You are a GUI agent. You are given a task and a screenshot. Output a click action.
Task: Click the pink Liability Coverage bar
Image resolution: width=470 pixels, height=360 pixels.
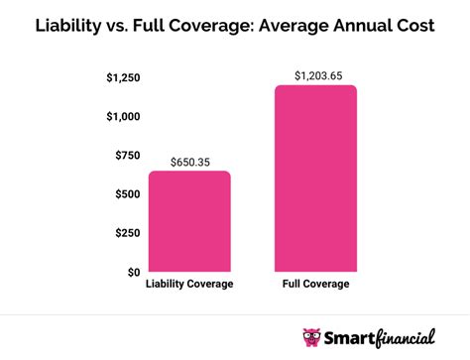pos(190,221)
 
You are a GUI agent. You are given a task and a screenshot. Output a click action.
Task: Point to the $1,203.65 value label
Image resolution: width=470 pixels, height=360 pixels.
pos(315,75)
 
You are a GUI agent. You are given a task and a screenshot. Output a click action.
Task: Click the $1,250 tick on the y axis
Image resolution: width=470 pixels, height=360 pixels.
pos(123,77)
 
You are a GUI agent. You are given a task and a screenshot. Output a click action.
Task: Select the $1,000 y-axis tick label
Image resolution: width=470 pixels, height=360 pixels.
pos(123,116)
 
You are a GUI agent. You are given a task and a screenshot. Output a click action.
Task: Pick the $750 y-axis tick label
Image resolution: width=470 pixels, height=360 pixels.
pos(128,155)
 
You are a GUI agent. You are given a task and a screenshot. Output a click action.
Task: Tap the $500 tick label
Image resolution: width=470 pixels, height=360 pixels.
pos(128,193)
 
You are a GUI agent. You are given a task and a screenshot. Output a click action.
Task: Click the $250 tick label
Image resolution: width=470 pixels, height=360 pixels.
pos(128,232)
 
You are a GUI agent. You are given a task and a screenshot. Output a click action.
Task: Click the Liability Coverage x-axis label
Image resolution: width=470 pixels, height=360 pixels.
pos(190,285)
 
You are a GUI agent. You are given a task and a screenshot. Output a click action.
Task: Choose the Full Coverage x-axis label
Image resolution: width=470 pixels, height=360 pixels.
pos(315,285)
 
